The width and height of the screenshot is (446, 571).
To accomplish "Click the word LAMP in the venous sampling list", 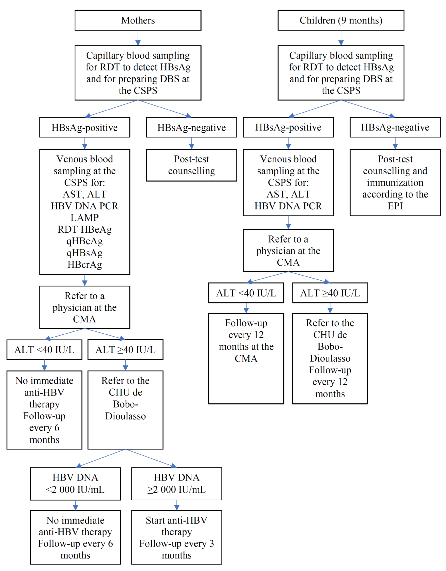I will click(x=85, y=218).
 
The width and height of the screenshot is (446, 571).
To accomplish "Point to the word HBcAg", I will click(x=85, y=265).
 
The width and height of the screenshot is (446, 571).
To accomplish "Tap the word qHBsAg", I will click(x=85, y=253).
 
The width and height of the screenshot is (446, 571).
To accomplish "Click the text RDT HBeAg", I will click(x=85, y=229).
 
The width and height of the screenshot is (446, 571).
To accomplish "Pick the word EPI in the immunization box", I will click(x=395, y=206).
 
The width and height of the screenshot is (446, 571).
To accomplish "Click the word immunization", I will click(x=395, y=183).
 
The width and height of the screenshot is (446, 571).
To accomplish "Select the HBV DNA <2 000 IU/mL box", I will click(x=75, y=484).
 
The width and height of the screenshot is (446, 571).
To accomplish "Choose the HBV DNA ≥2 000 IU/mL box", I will click(x=176, y=484).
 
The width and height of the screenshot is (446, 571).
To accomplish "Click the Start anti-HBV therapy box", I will click(x=176, y=537).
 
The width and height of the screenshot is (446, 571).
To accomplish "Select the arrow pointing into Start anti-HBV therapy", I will click(x=176, y=505).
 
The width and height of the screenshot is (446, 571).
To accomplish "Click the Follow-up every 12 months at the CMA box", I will click(x=246, y=358).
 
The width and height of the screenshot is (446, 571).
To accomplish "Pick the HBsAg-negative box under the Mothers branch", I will click(x=191, y=127).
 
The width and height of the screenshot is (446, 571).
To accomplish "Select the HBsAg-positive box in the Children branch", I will click(x=288, y=127).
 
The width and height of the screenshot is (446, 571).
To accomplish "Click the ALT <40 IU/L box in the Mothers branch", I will click(x=44, y=350).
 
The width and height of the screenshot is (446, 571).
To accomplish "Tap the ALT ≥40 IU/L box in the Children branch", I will click(x=330, y=293).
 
